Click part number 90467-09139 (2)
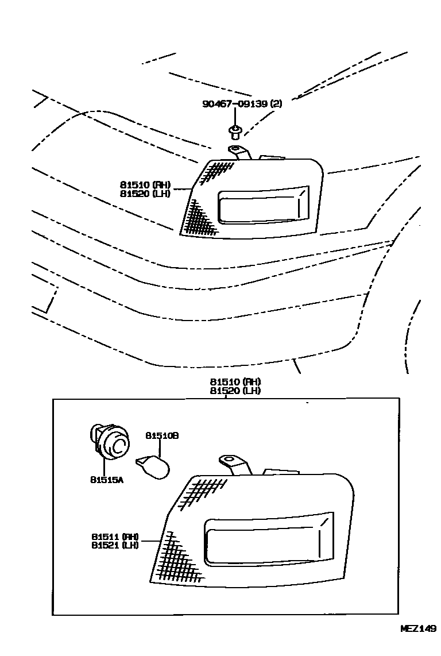(x=242, y=104)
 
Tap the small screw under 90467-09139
(x=234, y=133)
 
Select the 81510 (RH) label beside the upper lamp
(x=145, y=185)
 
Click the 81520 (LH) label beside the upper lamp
(x=145, y=194)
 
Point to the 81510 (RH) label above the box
(x=235, y=382)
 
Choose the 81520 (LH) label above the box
(x=235, y=391)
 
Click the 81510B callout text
(x=162, y=436)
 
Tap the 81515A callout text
(x=107, y=479)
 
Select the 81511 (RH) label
(x=115, y=536)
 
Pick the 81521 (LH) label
(x=115, y=545)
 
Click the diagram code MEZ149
(x=418, y=628)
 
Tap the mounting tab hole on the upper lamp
(x=235, y=151)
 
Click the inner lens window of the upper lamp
(x=261, y=206)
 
